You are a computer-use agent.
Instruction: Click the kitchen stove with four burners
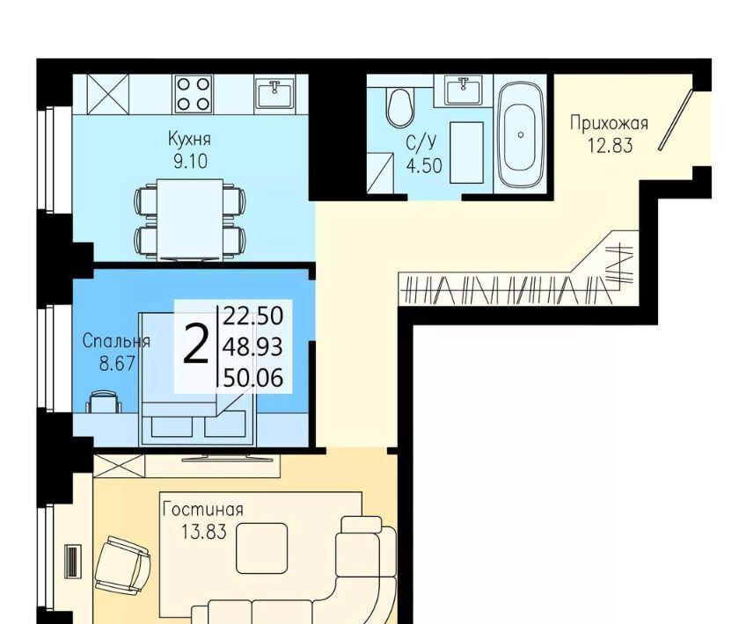coord(194,94)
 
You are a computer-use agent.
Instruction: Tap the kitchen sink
coord(274,93)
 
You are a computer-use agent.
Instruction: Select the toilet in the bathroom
coord(399,107)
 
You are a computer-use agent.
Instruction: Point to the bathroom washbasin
coord(464,90)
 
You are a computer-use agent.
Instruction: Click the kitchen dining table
coord(190,219)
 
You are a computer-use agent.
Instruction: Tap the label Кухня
coord(189,139)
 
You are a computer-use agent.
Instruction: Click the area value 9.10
coord(190,162)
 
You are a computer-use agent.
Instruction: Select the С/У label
coord(422,141)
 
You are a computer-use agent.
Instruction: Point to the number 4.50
coord(424,166)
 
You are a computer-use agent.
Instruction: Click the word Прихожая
coord(609,123)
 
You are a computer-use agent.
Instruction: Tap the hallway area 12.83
coord(610,146)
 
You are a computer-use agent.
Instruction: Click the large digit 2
coord(195,345)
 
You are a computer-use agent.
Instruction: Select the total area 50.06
coord(253,378)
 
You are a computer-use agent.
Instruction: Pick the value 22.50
coord(253,316)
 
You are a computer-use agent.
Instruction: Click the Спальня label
coord(116,341)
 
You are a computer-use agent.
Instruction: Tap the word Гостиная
coord(203,510)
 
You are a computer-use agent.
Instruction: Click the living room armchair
coord(122,564)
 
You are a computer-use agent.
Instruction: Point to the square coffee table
coord(261,548)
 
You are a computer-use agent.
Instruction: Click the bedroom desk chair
coord(104,403)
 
